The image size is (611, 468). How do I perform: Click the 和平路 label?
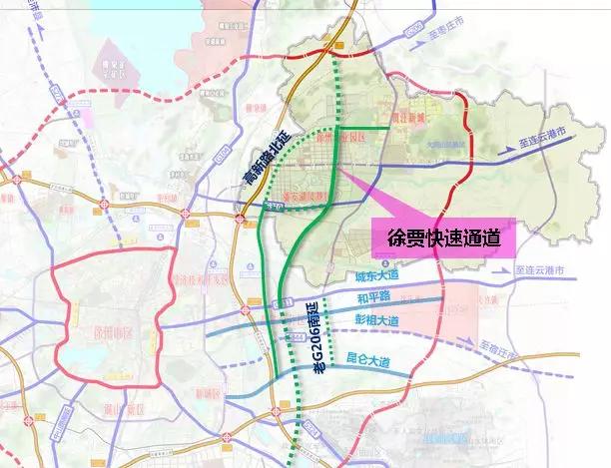[x=369, y=297]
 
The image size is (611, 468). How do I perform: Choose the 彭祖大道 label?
[x=377, y=320]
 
